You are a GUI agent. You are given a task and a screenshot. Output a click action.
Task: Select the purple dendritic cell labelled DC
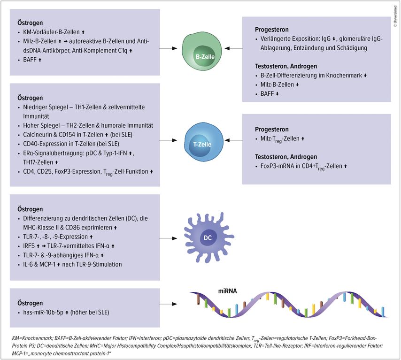[208, 237]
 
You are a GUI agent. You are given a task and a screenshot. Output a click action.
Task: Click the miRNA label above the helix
[227, 291]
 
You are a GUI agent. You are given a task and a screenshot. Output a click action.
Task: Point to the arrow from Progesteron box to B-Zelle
[233, 48]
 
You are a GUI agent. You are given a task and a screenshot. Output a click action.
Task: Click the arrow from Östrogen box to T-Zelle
[168, 140]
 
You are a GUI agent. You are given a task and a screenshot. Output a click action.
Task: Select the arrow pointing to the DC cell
[168, 238]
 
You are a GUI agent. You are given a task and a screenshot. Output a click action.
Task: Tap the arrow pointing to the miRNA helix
[168, 304]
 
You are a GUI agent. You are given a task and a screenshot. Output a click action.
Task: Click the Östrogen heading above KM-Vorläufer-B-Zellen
[30, 23]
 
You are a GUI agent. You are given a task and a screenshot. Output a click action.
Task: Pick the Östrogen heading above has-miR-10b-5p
[30, 303]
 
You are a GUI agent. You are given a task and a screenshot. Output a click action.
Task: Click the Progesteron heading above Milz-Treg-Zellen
[271, 129]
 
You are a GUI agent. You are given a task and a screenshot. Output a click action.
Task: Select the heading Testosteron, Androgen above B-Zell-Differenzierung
[286, 66]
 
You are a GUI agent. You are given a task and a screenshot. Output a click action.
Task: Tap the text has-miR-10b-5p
[43, 312]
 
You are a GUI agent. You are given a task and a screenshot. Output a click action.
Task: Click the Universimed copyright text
[395, 16]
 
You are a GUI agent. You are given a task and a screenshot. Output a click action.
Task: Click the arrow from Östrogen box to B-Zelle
[168, 48]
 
